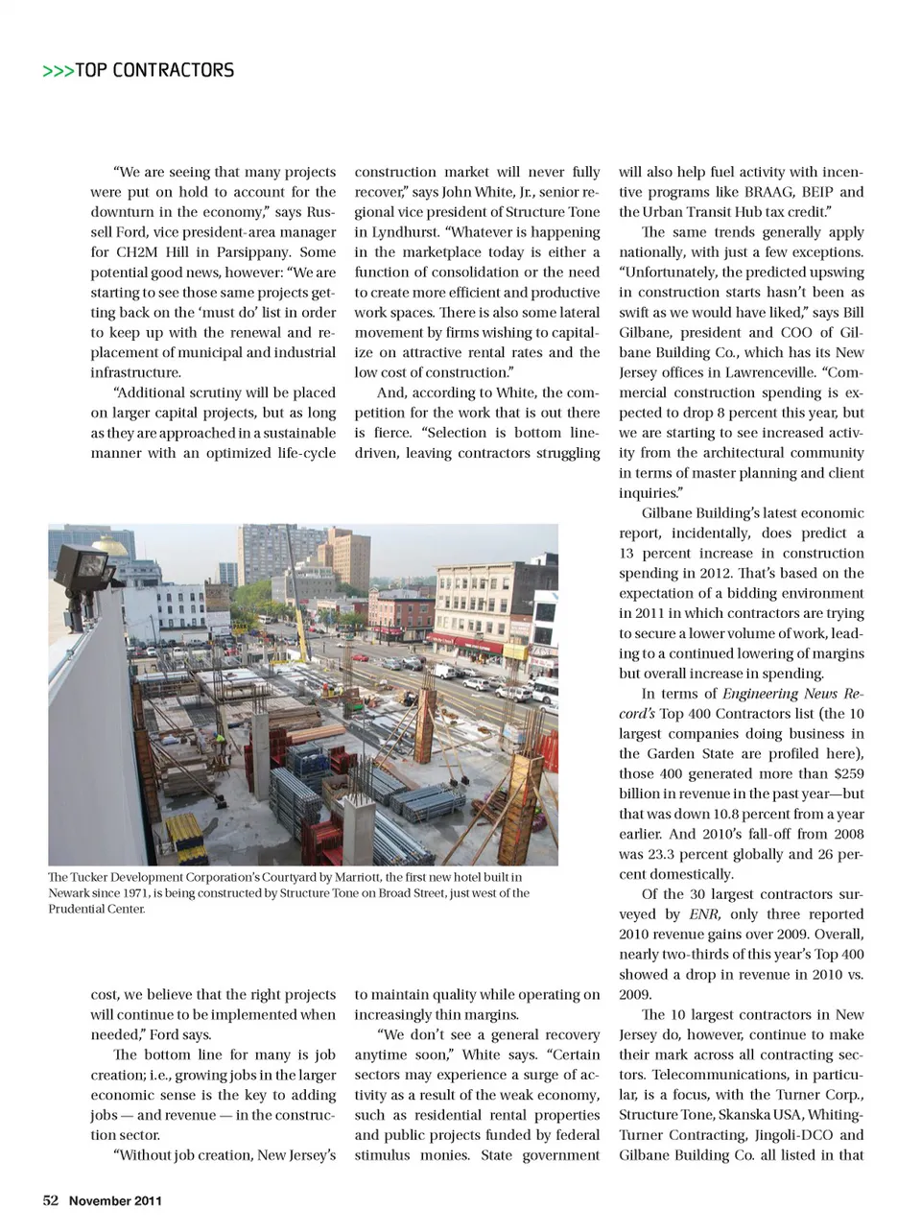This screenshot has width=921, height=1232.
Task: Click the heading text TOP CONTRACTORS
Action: pos(153,70)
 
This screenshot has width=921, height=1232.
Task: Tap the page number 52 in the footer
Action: pos(51,1200)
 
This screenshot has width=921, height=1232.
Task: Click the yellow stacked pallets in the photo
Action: pos(185,838)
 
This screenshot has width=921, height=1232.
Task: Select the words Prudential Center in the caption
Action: pos(96,909)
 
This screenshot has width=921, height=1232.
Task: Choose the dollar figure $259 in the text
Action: pos(846,773)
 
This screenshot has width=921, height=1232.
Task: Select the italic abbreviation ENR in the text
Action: pos(704,914)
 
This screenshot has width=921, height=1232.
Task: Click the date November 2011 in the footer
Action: pos(115,1201)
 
